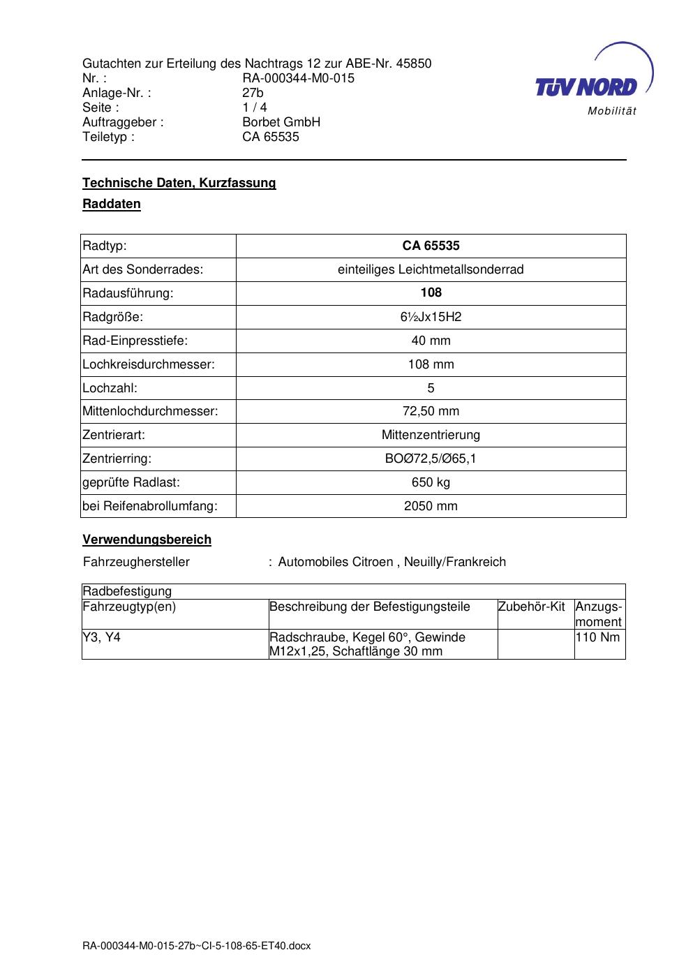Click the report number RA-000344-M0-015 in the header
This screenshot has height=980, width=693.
(298, 78)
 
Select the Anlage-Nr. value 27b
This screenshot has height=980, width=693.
(253, 93)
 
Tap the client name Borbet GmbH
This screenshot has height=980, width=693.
(281, 122)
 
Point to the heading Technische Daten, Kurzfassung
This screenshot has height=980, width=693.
(179, 183)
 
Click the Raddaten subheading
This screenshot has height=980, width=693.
(112, 204)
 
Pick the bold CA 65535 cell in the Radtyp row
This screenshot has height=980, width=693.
(431, 246)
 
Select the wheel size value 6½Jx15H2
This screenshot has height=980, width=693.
(431, 317)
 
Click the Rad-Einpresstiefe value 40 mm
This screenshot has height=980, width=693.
(431, 341)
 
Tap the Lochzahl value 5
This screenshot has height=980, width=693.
(431, 388)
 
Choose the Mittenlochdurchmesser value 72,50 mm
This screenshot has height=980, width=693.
(431, 411)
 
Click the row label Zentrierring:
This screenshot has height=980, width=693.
(117, 459)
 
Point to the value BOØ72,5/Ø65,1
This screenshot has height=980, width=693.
(431, 459)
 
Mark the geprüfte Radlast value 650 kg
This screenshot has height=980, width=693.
(431, 482)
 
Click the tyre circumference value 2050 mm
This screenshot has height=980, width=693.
(431, 506)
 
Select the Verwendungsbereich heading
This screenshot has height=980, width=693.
(147, 540)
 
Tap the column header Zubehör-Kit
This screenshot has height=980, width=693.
(531, 607)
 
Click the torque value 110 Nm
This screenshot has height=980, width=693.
(597, 637)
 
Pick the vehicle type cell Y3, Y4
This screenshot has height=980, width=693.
(101, 637)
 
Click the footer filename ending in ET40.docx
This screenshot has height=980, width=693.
(196, 946)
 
